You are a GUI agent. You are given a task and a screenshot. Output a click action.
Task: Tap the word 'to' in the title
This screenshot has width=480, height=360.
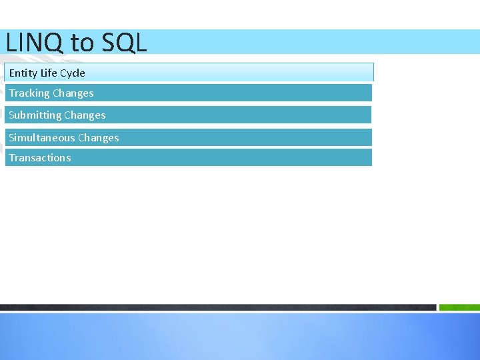click(x=83, y=43)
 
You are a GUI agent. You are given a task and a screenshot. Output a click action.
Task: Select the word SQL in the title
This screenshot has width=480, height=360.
click(x=124, y=43)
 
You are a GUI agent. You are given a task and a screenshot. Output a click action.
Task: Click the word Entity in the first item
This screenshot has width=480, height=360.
click(x=23, y=73)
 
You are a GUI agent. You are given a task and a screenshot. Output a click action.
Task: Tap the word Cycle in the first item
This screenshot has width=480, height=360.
click(x=73, y=73)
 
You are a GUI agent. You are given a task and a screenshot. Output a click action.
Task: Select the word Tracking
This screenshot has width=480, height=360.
click(x=29, y=93)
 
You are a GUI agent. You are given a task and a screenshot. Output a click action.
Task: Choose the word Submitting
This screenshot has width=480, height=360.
click(x=35, y=115)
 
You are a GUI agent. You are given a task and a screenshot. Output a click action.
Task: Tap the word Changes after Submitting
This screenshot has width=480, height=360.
click(x=85, y=115)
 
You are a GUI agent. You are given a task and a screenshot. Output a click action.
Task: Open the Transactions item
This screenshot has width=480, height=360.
click(x=40, y=158)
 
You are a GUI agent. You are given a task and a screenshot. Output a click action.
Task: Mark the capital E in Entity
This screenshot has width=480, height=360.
click(x=12, y=73)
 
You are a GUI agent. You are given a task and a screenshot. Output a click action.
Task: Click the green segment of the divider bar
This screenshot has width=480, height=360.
click(x=460, y=307)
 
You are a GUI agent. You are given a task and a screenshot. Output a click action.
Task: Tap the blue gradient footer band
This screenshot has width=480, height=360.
click(x=240, y=337)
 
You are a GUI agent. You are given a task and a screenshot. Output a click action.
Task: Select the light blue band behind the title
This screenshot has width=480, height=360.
click(x=307, y=41)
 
